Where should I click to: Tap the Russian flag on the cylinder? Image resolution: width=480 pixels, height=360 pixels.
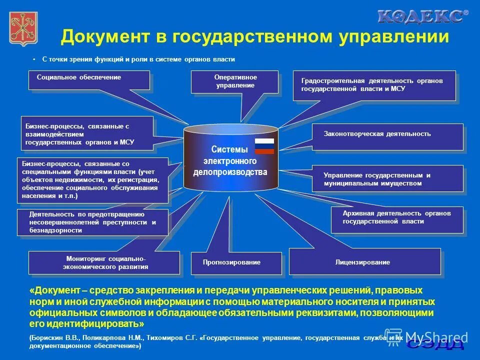(264, 146)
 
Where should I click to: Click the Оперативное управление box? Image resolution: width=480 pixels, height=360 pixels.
(234, 82)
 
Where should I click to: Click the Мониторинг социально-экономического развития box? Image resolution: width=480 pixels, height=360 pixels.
(104, 262)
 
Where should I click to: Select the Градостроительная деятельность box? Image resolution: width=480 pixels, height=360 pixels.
(374, 85)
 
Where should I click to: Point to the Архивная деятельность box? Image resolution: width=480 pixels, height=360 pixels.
(396, 218)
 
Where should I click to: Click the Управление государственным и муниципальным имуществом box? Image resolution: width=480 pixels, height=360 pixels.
(387, 178)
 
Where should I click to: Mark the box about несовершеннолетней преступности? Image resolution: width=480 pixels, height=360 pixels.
(93, 222)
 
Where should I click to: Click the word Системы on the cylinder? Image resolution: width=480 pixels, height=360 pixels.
(229, 150)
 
